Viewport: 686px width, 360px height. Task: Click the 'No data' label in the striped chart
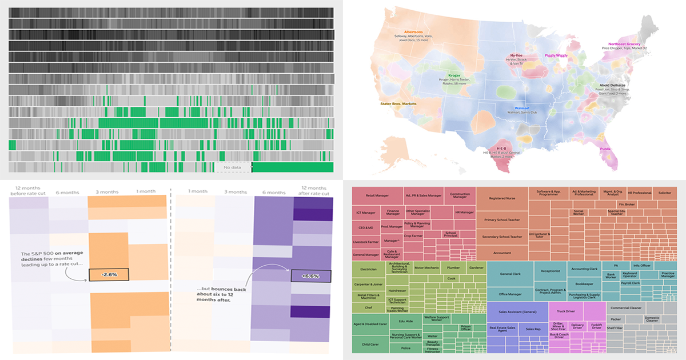(233, 167)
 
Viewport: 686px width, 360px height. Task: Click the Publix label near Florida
(605, 149)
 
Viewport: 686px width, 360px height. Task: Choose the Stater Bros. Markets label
(398, 104)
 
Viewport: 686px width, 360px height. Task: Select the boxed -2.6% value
(109, 275)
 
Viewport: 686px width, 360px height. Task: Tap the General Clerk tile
(510, 274)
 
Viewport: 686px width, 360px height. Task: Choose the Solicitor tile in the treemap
(664, 193)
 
